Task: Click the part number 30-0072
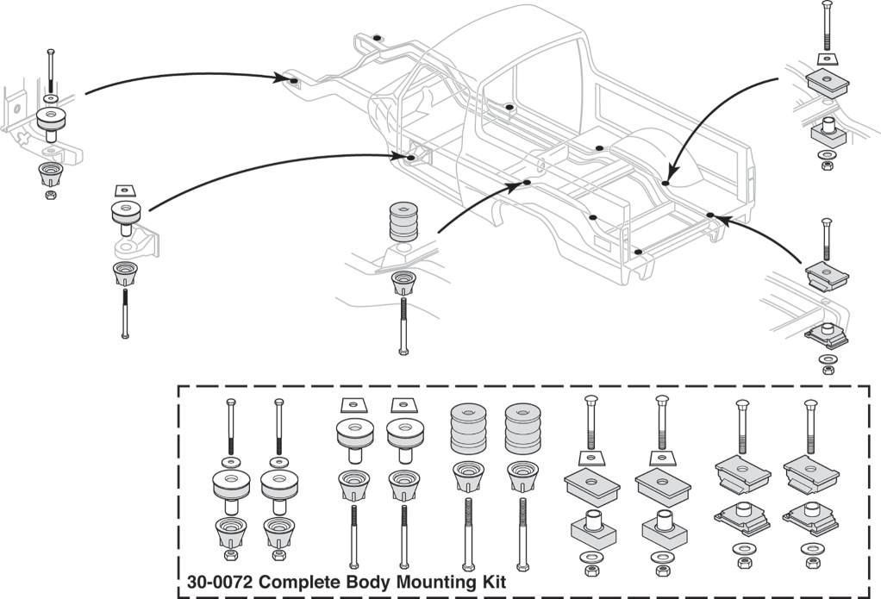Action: (222, 583)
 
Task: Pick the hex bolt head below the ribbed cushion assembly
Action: (403, 351)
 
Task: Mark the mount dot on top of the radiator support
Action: (378, 39)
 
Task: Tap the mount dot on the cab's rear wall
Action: (510, 108)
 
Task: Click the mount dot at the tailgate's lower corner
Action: (637, 252)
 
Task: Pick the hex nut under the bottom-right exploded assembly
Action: (827, 371)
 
